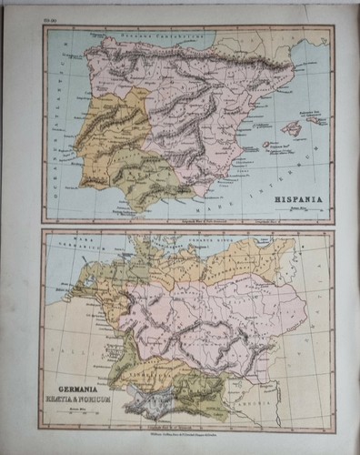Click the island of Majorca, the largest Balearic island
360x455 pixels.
(291, 127)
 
